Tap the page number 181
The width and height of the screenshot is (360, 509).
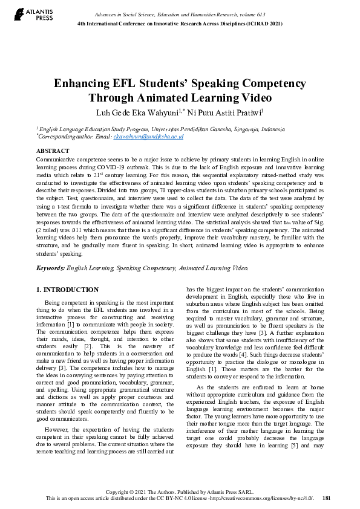click(x=326, y=498)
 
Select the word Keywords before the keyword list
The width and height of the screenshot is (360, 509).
click(x=50, y=267)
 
